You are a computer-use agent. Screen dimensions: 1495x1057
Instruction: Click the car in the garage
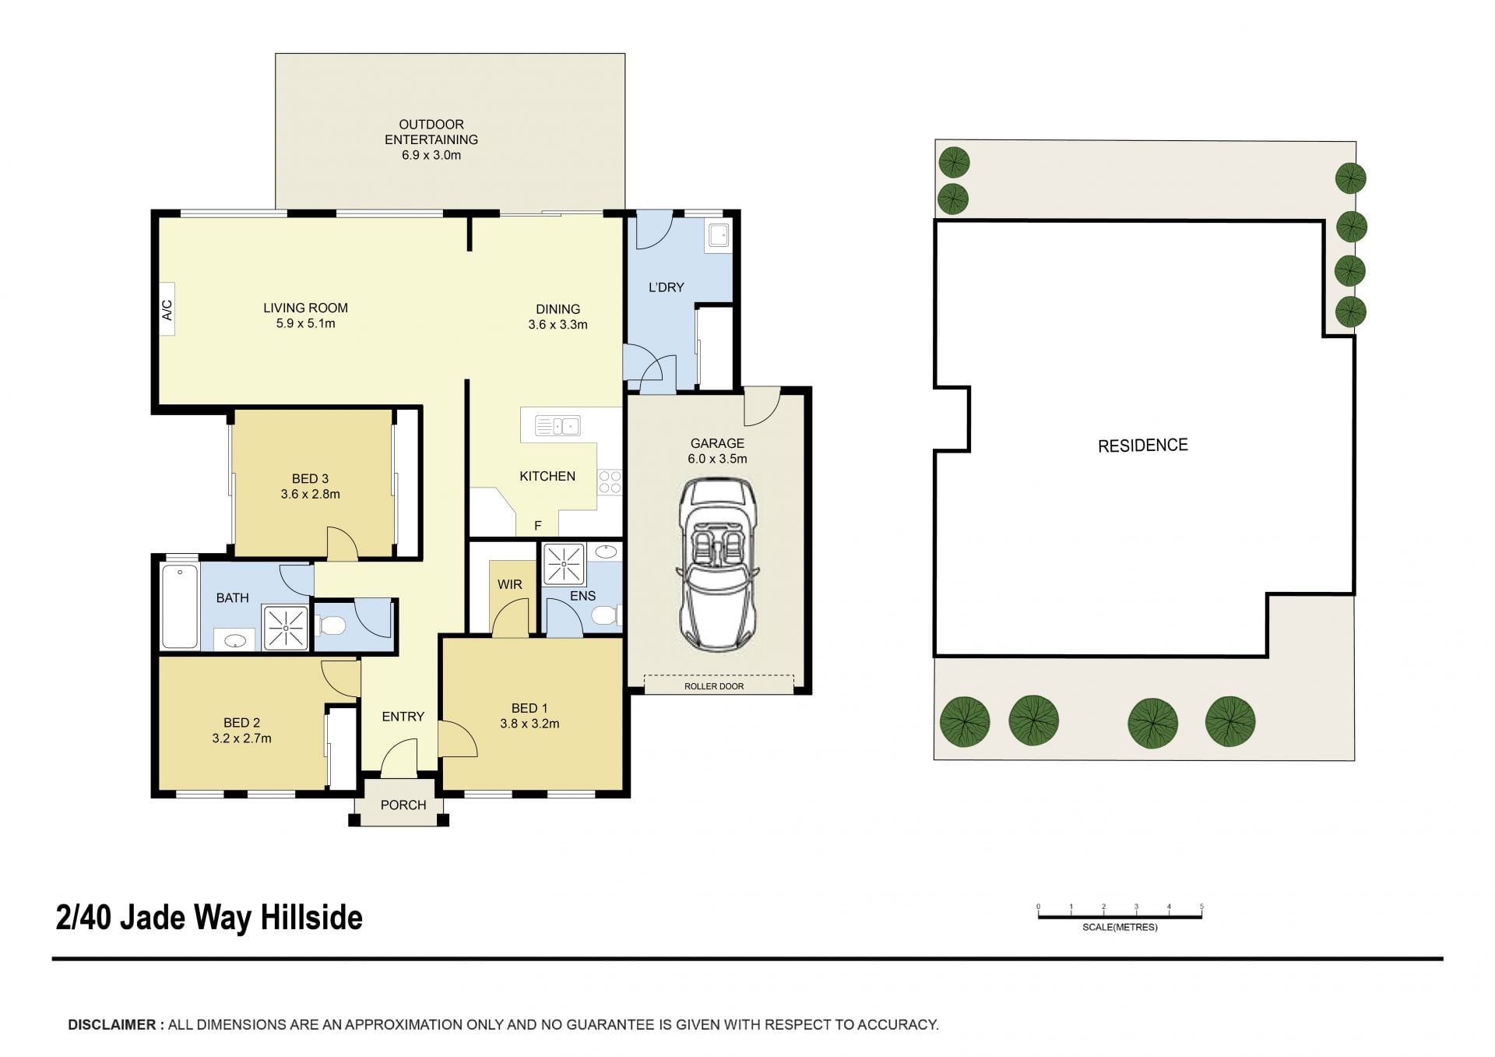(x=717, y=565)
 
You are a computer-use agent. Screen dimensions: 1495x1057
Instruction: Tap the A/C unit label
(x=167, y=310)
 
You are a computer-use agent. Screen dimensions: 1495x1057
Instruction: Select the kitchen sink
(x=558, y=426)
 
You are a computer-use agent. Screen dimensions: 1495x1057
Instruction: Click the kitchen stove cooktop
(x=610, y=481)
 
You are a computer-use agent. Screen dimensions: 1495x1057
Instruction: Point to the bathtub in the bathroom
(x=179, y=607)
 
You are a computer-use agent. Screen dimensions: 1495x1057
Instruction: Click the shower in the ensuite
(x=564, y=563)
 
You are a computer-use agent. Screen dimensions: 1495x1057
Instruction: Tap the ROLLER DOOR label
(x=714, y=686)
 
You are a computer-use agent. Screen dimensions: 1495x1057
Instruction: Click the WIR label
(x=510, y=584)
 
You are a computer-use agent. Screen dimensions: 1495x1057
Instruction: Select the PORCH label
(x=403, y=805)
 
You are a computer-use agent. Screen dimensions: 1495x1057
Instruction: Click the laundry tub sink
(x=718, y=234)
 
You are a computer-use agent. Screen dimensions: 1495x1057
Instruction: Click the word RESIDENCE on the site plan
(x=1143, y=446)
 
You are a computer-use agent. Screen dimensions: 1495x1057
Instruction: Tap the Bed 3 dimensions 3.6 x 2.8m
(x=311, y=494)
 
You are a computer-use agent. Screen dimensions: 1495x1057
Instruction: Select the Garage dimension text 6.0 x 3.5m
(x=717, y=459)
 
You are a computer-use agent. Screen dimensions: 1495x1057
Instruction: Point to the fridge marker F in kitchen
(x=537, y=527)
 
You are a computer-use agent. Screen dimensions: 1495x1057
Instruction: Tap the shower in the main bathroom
(x=286, y=627)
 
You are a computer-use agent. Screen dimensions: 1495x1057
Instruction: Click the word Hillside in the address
(x=311, y=918)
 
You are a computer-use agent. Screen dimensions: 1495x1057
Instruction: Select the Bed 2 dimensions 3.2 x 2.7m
(x=241, y=738)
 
